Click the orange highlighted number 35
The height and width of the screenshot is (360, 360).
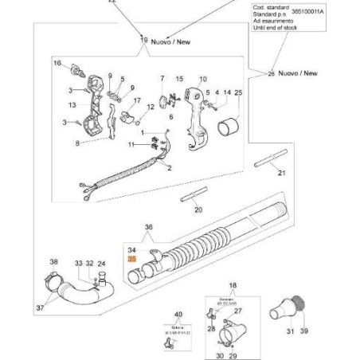[x=132, y=260]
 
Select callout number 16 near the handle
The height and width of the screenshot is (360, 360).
[x=57, y=63]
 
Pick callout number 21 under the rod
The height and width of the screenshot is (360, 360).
[x=280, y=173]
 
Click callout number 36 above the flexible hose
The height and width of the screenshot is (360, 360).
[x=147, y=228]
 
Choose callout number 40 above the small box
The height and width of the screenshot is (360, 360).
[x=178, y=315]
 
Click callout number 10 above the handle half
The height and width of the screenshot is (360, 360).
[x=202, y=79]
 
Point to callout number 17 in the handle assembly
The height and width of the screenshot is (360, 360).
[x=136, y=100]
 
